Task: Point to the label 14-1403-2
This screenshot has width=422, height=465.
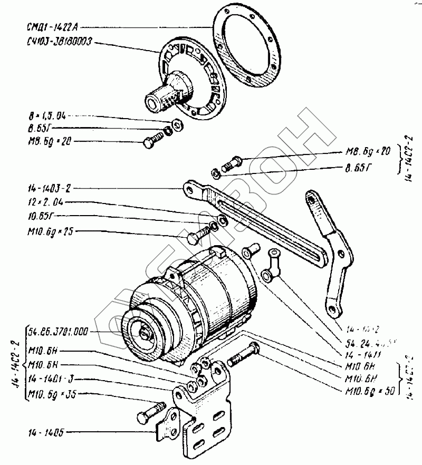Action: click(x=50, y=188)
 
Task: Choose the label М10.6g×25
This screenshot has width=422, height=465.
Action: click(x=47, y=232)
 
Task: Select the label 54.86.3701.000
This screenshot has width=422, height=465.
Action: click(x=58, y=332)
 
